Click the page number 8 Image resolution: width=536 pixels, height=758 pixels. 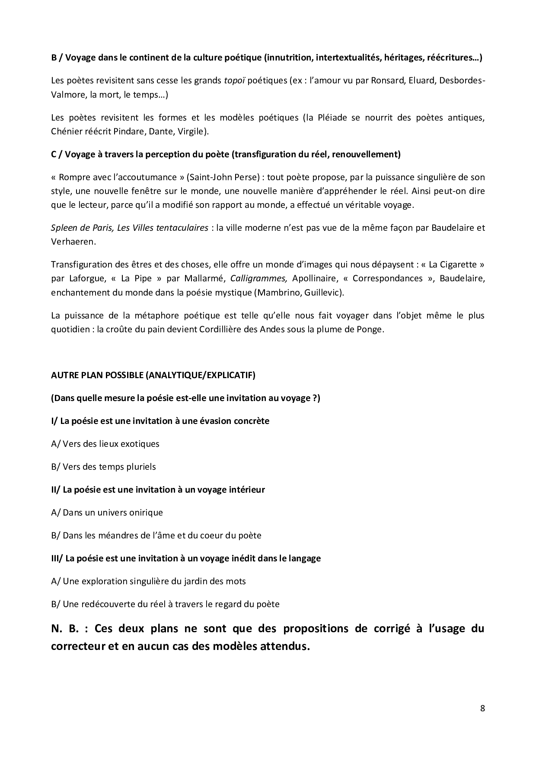(x=482, y=708)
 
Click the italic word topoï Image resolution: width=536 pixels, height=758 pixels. (x=235, y=80)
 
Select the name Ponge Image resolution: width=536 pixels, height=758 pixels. (x=371, y=329)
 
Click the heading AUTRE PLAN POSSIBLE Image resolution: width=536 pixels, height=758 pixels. (x=153, y=375)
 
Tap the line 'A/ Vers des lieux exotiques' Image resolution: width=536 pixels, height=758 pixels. (x=105, y=444)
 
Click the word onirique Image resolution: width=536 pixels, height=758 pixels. (x=147, y=513)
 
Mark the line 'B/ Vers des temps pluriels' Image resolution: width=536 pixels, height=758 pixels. (x=103, y=467)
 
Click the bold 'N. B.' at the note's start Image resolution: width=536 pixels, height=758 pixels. (x=65, y=628)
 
